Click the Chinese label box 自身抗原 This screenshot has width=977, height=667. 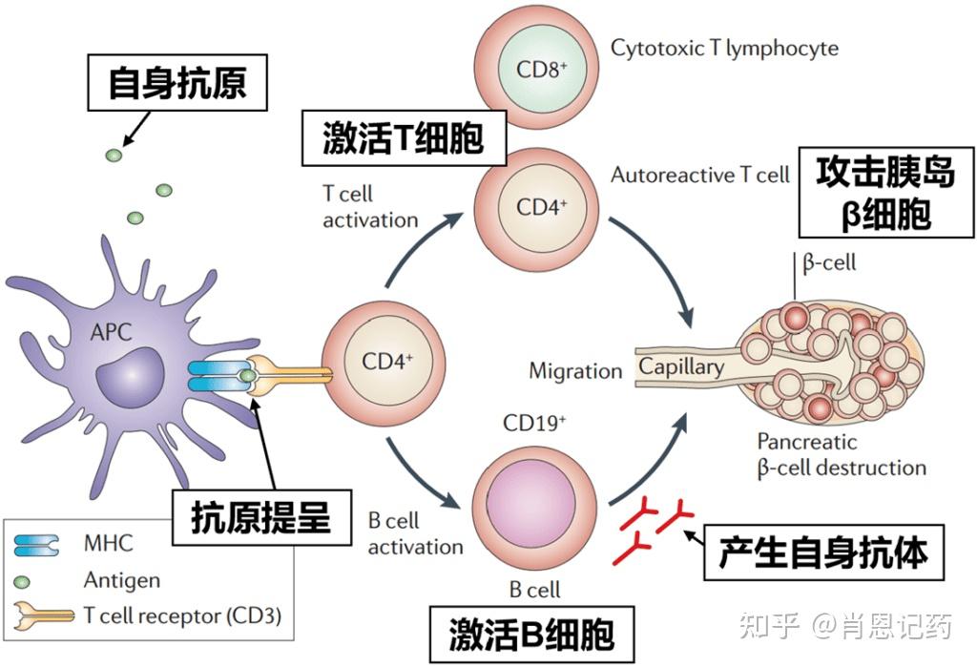click(x=177, y=82)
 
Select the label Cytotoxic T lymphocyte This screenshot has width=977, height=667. click(x=724, y=47)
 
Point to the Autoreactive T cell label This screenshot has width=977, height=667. click(x=699, y=175)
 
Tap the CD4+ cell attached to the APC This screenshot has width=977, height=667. click(x=386, y=363)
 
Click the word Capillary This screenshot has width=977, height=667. click(x=681, y=366)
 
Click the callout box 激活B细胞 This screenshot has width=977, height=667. click(x=532, y=633)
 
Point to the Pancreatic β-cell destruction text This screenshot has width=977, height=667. click(x=841, y=454)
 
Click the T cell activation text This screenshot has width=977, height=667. click(x=370, y=206)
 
